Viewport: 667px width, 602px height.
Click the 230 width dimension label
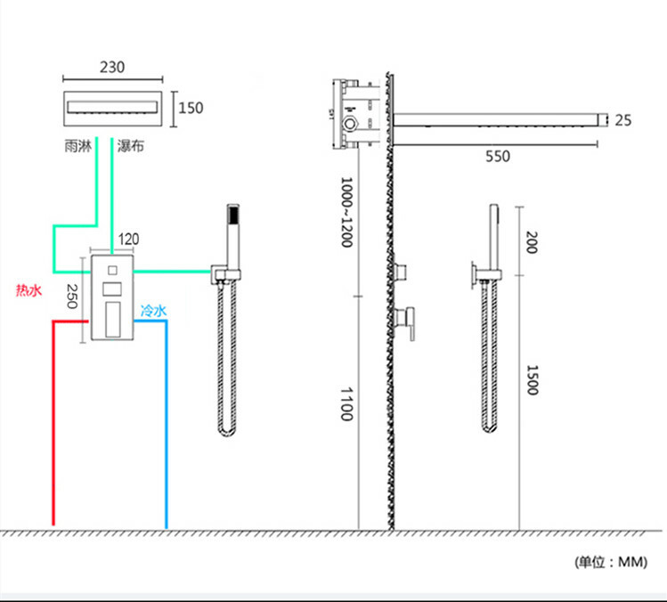pos(112,67)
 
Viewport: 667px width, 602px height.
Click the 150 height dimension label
pos(191,108)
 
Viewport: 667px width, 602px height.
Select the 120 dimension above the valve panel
pos(128,240)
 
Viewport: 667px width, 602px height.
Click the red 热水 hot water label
pos(28,290)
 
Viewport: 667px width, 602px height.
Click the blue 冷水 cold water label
pos(153,311)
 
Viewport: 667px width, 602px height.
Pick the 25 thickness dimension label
pos(622,120)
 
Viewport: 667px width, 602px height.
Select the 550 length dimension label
pos(498,157)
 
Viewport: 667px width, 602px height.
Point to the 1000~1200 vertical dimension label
pos(346,213)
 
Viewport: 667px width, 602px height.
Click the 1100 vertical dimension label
pos(346,404)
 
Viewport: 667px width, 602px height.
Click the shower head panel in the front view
pos(112,108)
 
